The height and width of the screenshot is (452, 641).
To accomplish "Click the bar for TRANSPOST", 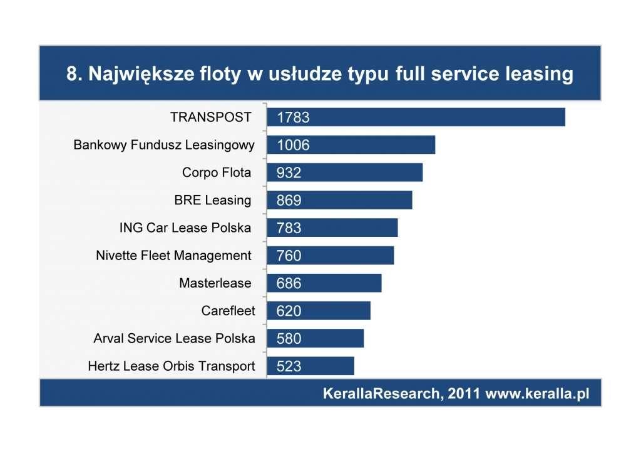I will coord(416,117).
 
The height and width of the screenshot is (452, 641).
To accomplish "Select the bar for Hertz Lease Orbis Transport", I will coord(310,366).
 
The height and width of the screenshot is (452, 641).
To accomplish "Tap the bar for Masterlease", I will coord(324,283).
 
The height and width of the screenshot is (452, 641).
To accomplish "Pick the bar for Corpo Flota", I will coord(344,173).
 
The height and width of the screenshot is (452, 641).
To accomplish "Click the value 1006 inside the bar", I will coord(293,145).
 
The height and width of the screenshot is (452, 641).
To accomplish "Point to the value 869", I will coord(289,201).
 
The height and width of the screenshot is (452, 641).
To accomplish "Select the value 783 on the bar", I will coord(289,228).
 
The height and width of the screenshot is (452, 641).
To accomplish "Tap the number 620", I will coord(289,311).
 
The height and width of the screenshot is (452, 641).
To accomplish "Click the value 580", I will coord(289,338).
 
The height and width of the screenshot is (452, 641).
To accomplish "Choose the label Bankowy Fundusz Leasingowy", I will coord(164,145).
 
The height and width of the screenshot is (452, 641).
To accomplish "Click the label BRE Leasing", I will coord(213,200).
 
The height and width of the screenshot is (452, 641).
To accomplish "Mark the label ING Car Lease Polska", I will coord(185,228).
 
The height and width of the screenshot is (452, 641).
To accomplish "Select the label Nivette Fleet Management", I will coord(174,255).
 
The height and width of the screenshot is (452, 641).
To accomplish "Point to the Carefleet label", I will coord(228,310).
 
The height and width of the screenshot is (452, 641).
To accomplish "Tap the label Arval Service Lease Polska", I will coord(174,338).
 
